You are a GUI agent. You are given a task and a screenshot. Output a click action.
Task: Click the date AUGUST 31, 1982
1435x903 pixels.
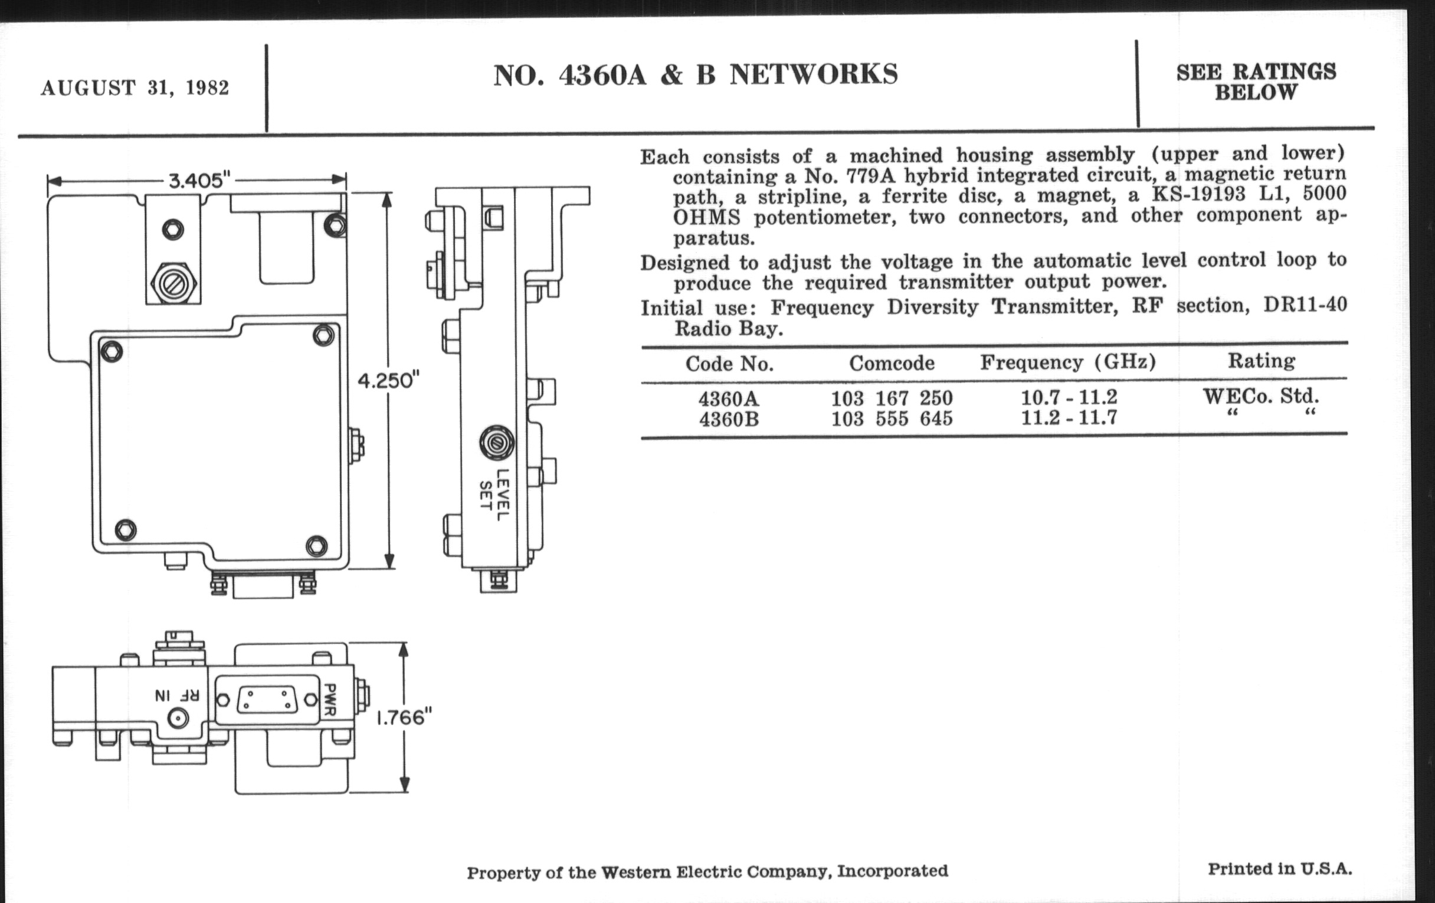click(x=135, y=88)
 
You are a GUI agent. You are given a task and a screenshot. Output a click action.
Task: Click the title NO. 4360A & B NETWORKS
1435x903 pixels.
click(x=696, y=75)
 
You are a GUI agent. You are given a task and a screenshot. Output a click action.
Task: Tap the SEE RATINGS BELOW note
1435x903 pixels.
click(x=1256, y=82)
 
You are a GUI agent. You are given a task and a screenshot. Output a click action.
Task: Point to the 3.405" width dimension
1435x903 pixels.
click(x=199, y=179)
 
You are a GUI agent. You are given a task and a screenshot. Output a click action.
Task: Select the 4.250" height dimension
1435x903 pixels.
click(x=388, y=380)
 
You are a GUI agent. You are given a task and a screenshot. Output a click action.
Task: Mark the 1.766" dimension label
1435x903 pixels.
click(x=404, y=717)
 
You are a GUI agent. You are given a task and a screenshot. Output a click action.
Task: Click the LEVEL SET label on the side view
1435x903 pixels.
click(x=494, y=495)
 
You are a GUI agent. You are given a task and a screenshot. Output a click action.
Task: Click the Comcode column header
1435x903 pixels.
click(x=892, y=363)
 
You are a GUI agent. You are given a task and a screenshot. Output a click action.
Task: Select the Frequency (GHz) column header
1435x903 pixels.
click(x=1068, y=362)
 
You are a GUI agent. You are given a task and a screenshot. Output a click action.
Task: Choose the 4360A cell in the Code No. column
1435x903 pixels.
click(x=728, y=398)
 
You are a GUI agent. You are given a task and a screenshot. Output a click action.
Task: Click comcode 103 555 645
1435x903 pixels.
click(x=892, y=419)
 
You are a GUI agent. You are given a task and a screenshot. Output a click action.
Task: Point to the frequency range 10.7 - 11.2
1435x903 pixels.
click(x=1069, y=397)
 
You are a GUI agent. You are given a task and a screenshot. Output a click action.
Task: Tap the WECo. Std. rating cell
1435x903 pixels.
click(x=1261, y=397)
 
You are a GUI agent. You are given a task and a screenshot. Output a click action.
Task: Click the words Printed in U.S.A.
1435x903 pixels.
click(x=1279, y=869)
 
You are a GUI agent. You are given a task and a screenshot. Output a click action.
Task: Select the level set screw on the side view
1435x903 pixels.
click(x=494, y=443)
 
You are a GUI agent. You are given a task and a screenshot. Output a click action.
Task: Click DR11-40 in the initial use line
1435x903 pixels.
click(x=1305, y=305)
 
